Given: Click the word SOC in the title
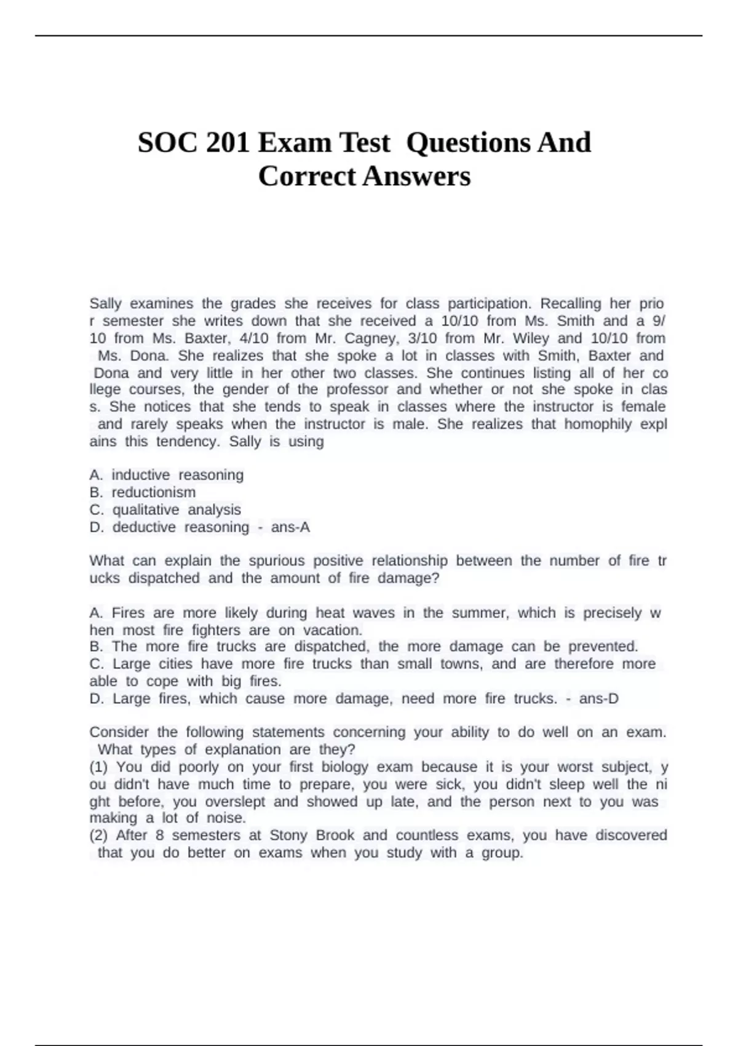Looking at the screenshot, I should click(x=163, y=143).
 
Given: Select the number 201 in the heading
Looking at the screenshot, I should click(x=228, y=143).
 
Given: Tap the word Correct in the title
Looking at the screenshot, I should click(x=307, y=177).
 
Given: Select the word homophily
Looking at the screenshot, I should click(x=598, y=424).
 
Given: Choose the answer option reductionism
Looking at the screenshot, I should click(x=153, y=492).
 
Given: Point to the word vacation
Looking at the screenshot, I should click(x=332, y=630).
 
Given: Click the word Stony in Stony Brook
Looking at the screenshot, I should click(x=288, y=835).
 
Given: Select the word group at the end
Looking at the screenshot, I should click(x=502, y=853).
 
